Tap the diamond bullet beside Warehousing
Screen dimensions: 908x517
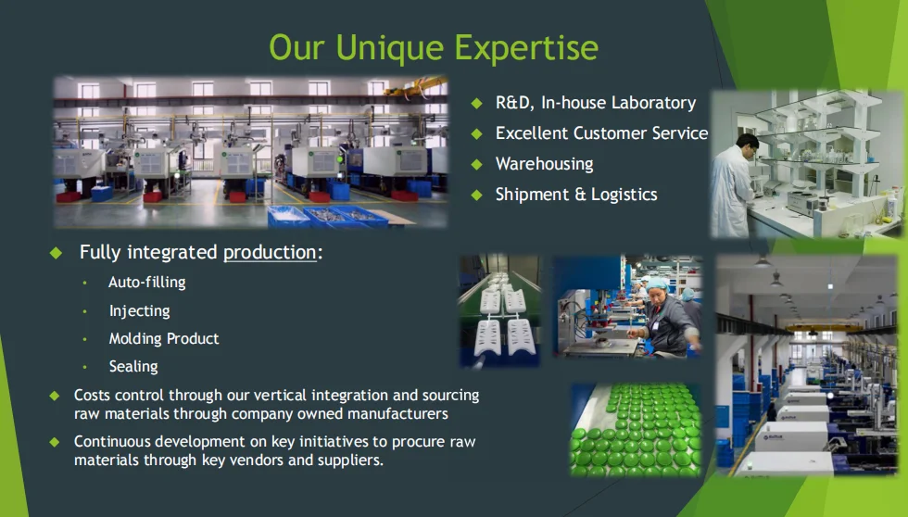point(476,164)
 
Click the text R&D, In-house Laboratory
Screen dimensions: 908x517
point(595,103)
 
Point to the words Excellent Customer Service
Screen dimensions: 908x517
point(601,133)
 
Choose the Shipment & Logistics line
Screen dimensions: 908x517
point(576,195)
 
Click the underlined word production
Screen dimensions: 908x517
point(270,252)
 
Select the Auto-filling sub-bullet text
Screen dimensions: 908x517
point(147,282)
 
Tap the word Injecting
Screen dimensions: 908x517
point(140,311)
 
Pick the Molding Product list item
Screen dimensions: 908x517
point(164,339)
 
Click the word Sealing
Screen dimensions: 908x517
point(133,367)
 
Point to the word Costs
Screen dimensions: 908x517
point(92,395)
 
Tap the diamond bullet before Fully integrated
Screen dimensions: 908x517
point(56,252)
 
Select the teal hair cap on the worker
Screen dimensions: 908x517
point(657,284)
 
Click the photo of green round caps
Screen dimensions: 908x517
point(636,430)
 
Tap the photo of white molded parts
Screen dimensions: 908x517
point(499,311)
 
